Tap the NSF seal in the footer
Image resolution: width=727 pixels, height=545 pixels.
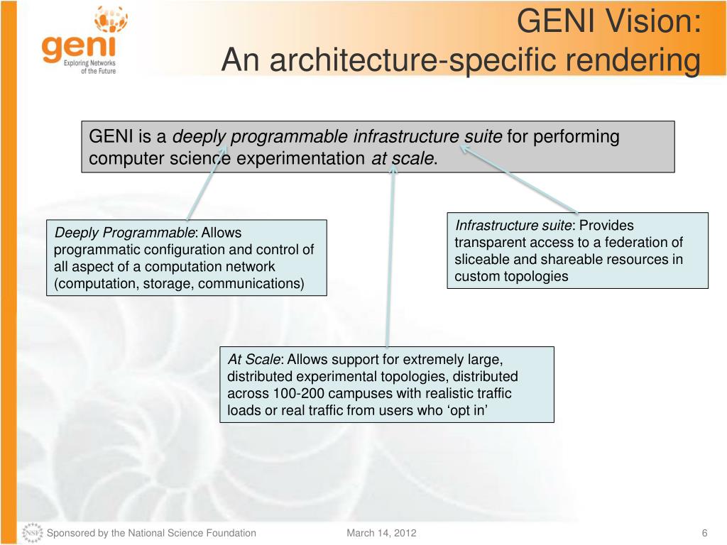(32, 533)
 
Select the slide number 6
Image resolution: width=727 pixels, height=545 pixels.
(704, 533)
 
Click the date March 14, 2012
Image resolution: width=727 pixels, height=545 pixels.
(381, 533)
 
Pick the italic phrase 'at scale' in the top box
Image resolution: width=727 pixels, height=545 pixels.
(402, 158)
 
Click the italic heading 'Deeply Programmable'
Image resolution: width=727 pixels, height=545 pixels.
(124, 233)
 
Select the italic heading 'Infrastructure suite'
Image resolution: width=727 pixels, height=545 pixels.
(513, 226)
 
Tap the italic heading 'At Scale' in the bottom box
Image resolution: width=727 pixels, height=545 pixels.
(254, 359)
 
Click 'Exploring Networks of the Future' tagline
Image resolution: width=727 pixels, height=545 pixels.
(89, 67)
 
